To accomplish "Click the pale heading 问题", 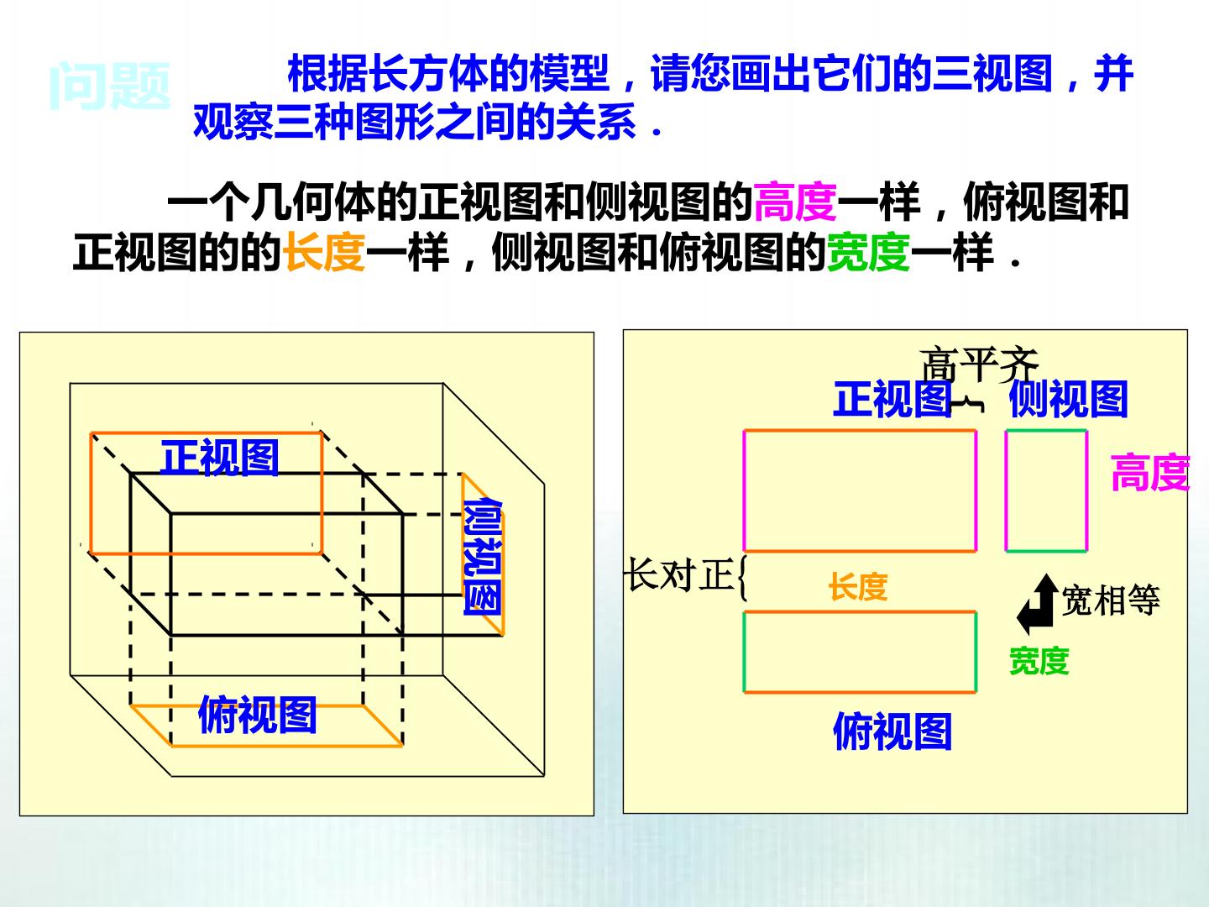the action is point(110,86).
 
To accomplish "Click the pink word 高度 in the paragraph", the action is point(795,202).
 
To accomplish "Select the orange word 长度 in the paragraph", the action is point(324,252).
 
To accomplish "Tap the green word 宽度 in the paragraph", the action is point(868,252).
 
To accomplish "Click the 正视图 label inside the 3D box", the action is point(220,457).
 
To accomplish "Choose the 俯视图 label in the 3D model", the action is point(257,714).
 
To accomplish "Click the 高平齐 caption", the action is point(979,364).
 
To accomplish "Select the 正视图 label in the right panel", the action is point(892,399).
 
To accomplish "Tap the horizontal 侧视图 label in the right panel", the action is point(1069,399).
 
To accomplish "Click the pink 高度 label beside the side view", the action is point(1150,473).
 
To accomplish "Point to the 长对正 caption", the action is point(679,574).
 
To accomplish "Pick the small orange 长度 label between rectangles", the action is point(858,586).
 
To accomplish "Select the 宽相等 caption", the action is point(1111,600).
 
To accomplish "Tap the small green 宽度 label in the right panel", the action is point(1039,661).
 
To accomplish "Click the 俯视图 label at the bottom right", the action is point(892,731).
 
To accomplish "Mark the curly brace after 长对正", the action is point(742,577).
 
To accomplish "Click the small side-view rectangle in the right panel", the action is point(1006,490).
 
